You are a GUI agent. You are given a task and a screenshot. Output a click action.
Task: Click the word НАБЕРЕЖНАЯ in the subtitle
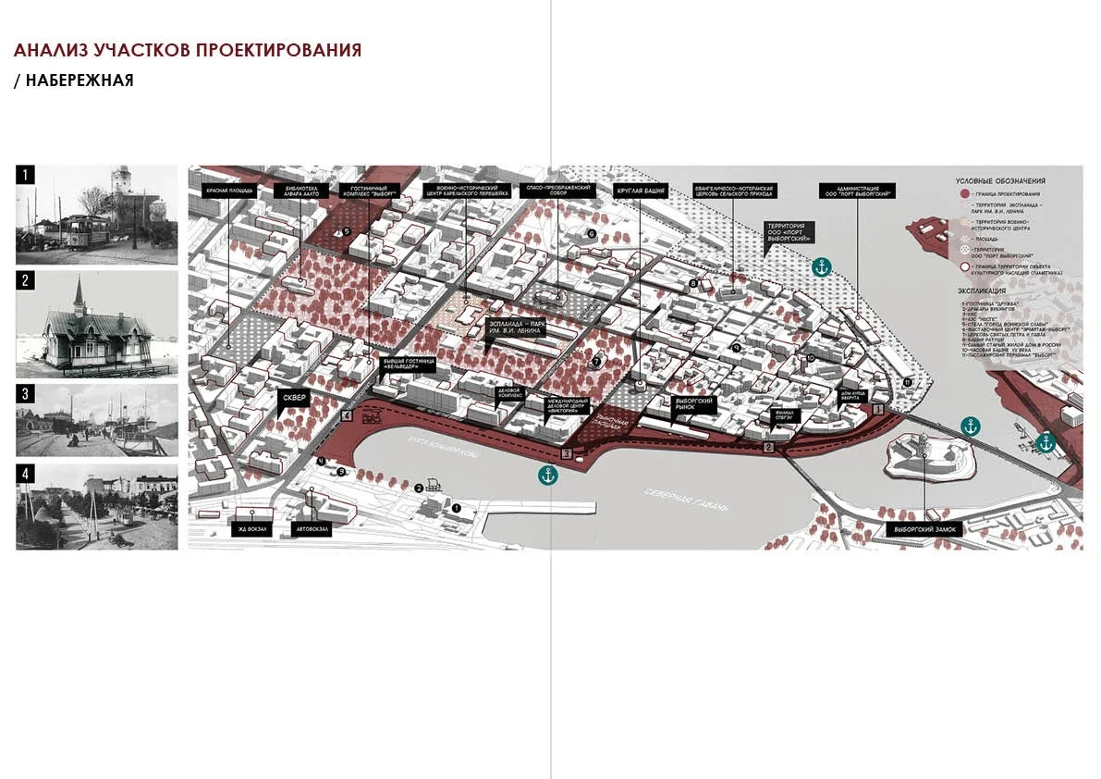point(80,80)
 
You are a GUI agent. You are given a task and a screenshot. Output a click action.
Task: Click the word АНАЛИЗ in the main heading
point(53,50)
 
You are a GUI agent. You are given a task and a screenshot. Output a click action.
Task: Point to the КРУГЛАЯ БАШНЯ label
point(641,192)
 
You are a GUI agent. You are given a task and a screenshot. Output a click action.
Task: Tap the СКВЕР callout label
point(292,400)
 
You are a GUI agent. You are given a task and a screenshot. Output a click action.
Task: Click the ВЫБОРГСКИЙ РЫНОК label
point(691,404)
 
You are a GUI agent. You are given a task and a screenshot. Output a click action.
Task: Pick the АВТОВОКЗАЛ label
point(310,529)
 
